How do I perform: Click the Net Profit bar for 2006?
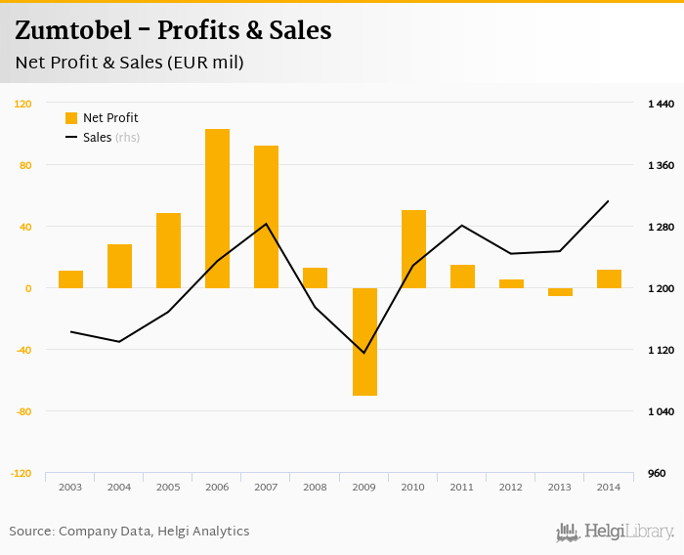pyautogui.click(x=217, y=208)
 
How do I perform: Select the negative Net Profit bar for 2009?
pyautogui.click(x=364, y=342)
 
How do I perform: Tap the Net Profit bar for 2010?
pyautogui.click(x=413, y=249)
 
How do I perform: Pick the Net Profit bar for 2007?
pyautogui.click(x=266, y=217)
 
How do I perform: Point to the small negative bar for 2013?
pyautogui.click(x=560, y=292)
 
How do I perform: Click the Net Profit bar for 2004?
pyautogui.click(x=119, y=266)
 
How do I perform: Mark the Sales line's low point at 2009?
pyautogui.click(x=364, y=353)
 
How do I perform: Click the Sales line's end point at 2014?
pyautogui.click(x=609, y=201)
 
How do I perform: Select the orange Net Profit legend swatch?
pyautogui.click(x=71, y=118)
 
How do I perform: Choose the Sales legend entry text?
pyautogui.click(x=98, y=138)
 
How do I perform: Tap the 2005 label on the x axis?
pyautogui.click(x=168, y=487)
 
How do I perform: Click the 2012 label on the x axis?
pyautogui.click(x=511, y=487)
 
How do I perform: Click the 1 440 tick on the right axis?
pyautogui.click(x=662, y=104)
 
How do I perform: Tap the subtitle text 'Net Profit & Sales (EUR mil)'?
pyautogui.click(x=129, y=63)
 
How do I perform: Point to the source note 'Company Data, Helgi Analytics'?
pyautogui.click(x=153, y=532)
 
